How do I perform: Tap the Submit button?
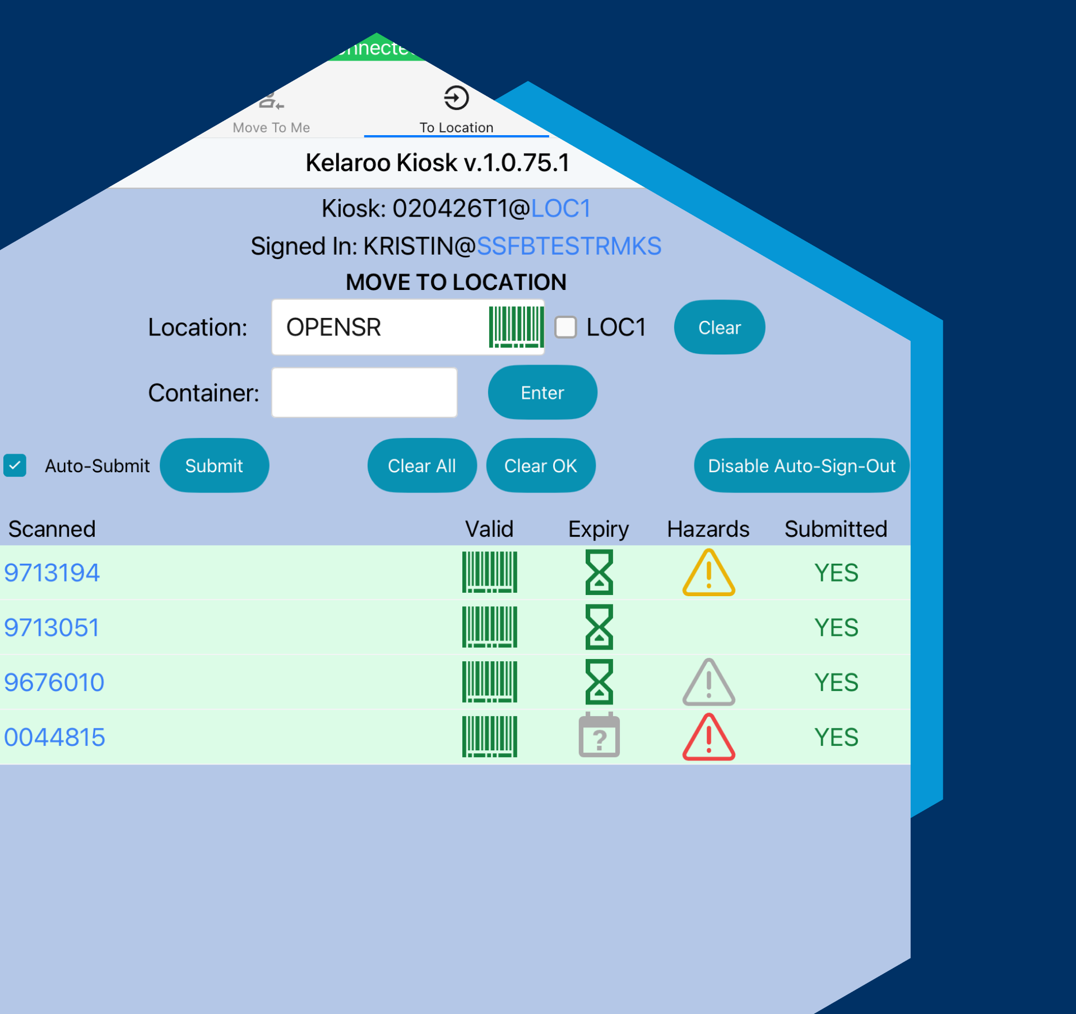tap(214, 465)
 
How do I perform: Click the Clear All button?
tap(421, 465)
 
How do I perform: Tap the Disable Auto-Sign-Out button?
tap(801, 465)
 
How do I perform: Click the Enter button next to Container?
tap(542, 393)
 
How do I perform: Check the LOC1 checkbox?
tap(565, 327)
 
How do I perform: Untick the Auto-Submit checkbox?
tap(15, 465)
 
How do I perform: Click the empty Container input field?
tap(364, 393)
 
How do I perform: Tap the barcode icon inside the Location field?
tap(516, 327)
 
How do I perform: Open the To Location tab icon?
tap(456, 98)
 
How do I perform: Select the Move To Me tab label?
tap(271, 128)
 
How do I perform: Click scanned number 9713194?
tap(52, 573)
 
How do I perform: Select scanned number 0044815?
tap(54, 737)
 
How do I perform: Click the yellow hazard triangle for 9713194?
tap(708, 573)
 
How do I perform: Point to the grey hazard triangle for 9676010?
tap(708, 683)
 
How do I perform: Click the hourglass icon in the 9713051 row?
tap(599, 627)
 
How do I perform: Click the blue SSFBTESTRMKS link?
tap(569, 246)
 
